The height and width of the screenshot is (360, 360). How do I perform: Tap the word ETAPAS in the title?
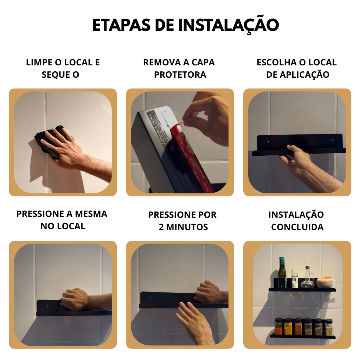point(121,25)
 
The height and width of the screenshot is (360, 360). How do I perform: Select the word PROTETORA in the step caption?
point(180,75)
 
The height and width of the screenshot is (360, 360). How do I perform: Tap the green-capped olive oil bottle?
point(282,273)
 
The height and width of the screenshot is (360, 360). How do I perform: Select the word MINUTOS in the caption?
point(187,227)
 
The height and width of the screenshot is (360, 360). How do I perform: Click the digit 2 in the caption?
point(161,227)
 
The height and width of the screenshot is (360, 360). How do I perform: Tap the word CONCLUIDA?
point(297,227)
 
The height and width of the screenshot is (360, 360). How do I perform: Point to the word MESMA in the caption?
point(91,214)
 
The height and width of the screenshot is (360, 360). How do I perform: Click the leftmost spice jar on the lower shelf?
point(279,326)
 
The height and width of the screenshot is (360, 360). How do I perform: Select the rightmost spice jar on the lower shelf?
point(329,327)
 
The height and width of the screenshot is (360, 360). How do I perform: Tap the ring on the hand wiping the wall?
point(63,139)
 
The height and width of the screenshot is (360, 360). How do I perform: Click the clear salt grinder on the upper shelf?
point(295,278)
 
